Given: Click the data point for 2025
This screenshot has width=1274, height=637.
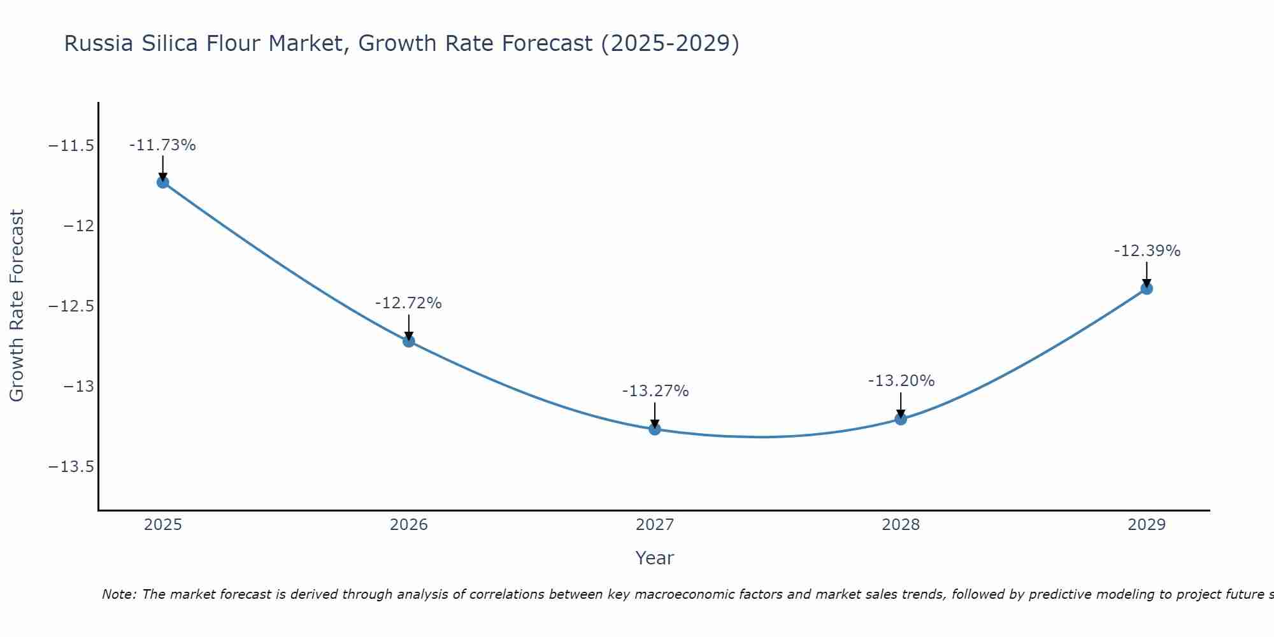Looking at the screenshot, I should (163, 182).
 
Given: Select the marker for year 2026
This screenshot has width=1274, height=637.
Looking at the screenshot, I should (409, 341).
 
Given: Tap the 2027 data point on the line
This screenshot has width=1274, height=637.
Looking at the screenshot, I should (655, 429).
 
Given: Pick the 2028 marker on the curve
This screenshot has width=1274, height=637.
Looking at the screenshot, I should (901, 419).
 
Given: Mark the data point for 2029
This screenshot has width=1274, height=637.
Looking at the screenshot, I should (1147, 288).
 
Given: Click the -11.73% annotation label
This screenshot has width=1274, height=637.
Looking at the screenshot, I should (162, 145).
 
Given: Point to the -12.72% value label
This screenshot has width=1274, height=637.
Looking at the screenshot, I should (408, 303).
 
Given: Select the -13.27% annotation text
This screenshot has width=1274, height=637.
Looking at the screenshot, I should (655, 391).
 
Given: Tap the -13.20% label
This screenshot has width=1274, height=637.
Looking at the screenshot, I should (901, 381).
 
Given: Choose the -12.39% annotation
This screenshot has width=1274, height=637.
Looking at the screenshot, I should (1147, 251).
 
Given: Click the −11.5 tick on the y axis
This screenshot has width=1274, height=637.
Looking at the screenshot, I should (71, 146).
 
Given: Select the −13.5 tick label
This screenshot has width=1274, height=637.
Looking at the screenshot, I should (71, 467).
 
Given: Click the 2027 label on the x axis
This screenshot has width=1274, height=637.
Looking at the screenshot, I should (655, 525).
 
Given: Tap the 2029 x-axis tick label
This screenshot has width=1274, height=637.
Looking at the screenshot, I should (1147, 525).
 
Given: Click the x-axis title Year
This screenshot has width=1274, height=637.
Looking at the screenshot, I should (654, 558).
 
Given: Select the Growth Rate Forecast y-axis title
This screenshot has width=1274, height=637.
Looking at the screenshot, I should (17, 306).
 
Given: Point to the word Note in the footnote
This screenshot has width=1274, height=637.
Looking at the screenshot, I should (118, 594).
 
